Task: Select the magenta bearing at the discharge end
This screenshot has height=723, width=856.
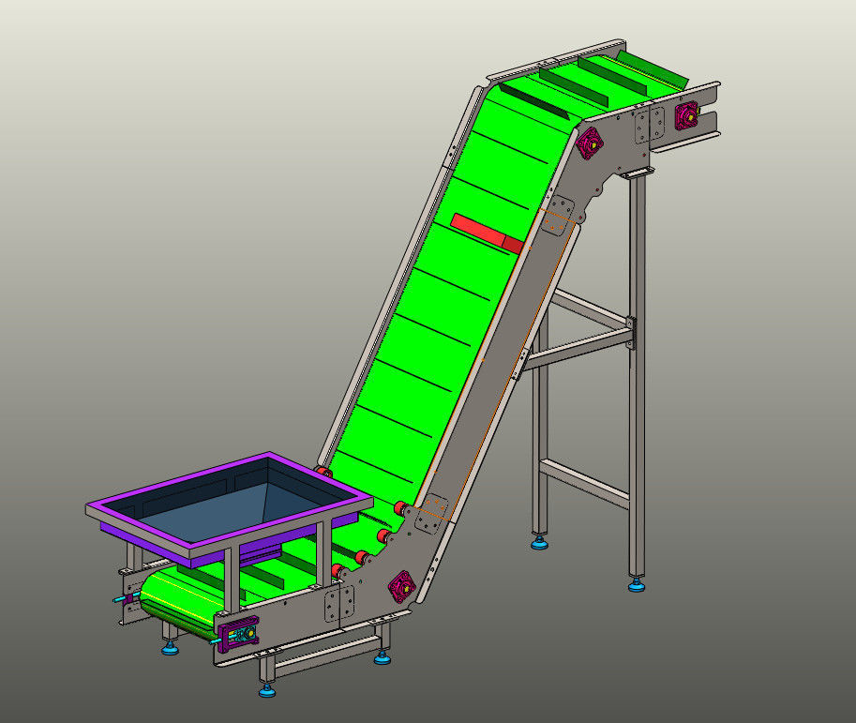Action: (686, 115)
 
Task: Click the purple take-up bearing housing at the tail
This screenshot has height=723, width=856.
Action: (233, 634)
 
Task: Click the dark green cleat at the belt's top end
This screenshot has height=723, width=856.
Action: (650, 68)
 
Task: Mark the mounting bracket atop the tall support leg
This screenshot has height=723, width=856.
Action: (638, 174)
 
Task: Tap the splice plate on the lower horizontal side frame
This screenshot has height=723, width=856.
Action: (338, 605)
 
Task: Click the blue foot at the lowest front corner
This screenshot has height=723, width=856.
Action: (268, 691)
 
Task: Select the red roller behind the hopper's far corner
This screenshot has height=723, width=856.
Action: (323, 472)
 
